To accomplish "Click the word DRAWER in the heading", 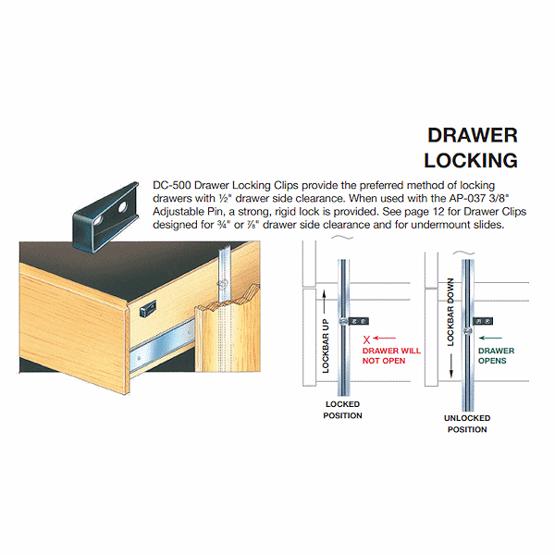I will click(x=473, y=135).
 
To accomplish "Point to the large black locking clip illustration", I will click(x=111, y=221).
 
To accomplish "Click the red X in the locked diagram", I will click(x=366, y=339).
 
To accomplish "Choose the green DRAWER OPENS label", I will click(x=496, y=356).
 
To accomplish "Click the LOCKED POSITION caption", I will click(x=342, y=410).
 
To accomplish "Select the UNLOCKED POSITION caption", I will click(x=467, y=424).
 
